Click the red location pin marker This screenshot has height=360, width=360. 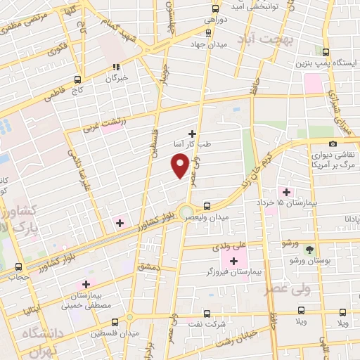point(180,166)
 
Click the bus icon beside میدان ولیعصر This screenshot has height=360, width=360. point(207,206)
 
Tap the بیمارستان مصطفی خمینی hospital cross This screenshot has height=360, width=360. point(86,285)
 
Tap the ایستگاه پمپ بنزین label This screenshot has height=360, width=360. point(323,64)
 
